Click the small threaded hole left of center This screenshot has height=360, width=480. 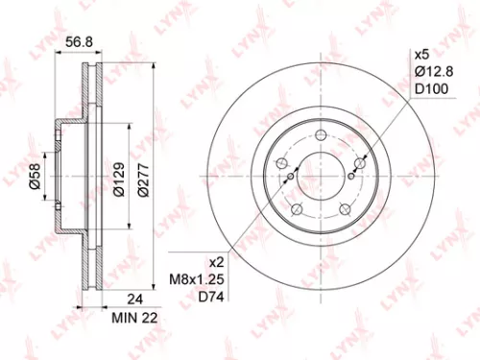click(289, 176)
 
